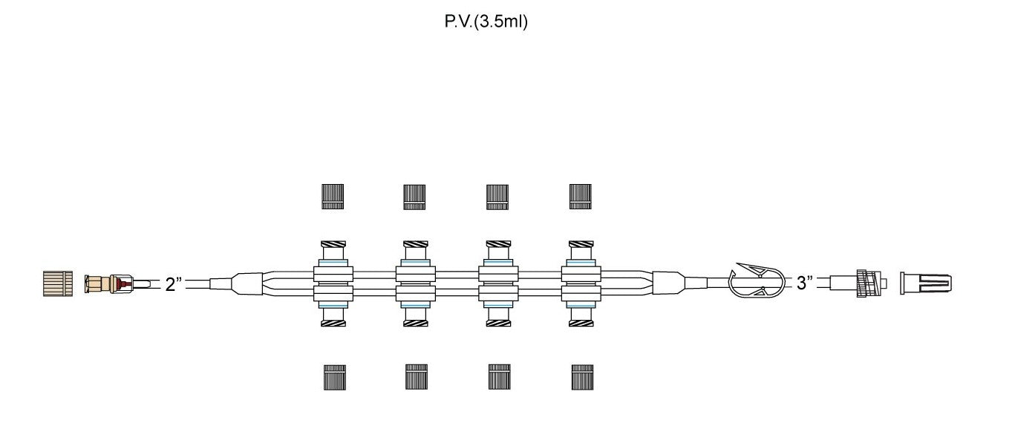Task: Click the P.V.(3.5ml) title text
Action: [486, 22]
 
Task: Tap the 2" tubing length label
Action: [174, 284]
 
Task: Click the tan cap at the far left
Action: [58, 284]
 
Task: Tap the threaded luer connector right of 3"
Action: [865, 283]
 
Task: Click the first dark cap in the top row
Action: [333, 196]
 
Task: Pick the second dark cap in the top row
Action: [414, 196]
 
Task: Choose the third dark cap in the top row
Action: [497, 196]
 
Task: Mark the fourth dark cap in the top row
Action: [580, 196]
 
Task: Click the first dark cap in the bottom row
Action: [333, 377]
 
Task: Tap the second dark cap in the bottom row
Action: [416, 377]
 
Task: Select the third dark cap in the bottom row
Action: [498, 377]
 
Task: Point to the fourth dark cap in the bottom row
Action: [581, 377]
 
